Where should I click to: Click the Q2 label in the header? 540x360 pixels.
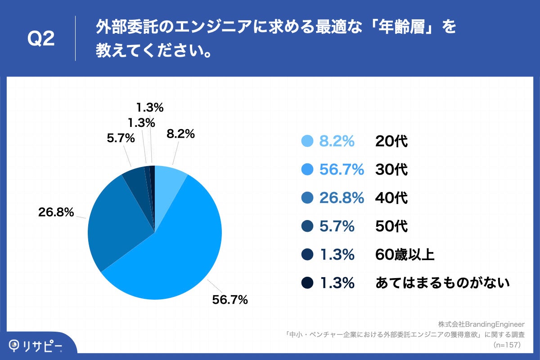41,40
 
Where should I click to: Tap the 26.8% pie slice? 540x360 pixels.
117,225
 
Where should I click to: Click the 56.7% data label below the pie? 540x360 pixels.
230,299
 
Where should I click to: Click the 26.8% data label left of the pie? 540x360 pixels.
56,212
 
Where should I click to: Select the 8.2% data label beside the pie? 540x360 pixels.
180,134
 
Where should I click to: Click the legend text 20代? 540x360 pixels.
391,142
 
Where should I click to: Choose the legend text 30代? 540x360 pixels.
391,170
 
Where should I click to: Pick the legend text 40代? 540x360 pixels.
391,198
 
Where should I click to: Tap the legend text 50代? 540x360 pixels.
391,226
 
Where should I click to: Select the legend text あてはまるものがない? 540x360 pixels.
442,283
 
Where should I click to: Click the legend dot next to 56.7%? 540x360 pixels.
307,170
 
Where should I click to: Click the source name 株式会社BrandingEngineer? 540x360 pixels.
482,324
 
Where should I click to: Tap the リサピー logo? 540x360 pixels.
36,346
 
